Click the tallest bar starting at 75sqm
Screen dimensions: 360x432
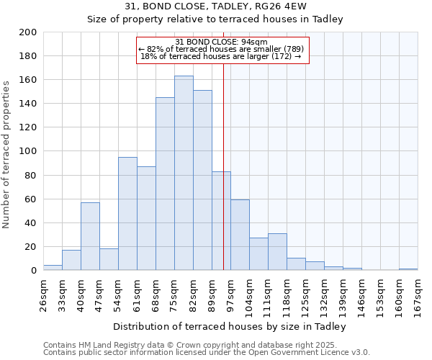pos(184,173)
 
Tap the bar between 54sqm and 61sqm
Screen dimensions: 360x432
pos(127,213)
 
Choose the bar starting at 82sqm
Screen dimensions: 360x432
pos(202,180)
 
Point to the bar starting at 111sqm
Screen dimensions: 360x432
pos(277,252)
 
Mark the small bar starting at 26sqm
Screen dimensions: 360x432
pos(53,268)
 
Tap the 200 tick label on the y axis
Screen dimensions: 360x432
pos(28,32)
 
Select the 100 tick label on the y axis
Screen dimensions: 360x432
pos(28,151)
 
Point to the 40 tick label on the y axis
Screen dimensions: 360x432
pos(31,222)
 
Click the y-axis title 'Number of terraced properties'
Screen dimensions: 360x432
pos(6,154)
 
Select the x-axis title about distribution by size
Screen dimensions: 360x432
pos(230,326)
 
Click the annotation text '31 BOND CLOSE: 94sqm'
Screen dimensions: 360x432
pos(222,42)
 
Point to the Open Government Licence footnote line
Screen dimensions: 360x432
pos(206,352)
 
